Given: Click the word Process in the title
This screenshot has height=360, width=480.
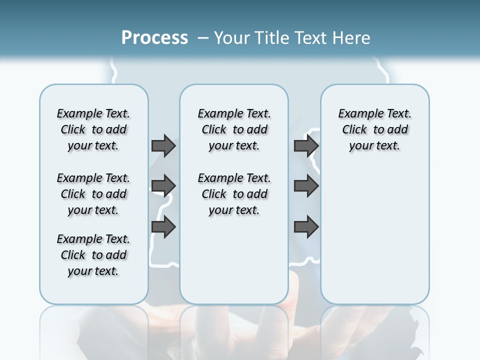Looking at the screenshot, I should (x=154, y=38).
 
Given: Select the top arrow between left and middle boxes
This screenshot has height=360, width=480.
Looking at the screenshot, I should (x=163, y=145).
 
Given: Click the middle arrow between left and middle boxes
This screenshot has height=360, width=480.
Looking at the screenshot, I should (x=163, y=186).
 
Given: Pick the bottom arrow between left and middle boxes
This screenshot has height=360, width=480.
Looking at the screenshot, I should (x=163, y=227).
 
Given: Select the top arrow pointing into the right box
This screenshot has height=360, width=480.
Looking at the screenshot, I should (x=306, y=145).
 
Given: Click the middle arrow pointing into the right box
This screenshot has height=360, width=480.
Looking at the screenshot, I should (x=306, y=186).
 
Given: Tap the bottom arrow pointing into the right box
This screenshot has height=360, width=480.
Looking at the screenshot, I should (x=306, y=227).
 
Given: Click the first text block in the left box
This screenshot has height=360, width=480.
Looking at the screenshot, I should (x=93, y=129).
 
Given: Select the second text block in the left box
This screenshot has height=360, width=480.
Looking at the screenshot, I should (x=93, y=194).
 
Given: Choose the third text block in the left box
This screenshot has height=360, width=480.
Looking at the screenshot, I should (x=93, y=255).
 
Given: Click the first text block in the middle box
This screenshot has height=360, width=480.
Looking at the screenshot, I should (x=234, y=129).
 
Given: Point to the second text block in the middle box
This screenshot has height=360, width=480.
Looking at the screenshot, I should (x=234, y=194).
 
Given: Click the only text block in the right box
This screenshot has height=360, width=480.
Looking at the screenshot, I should (x=374, y=129).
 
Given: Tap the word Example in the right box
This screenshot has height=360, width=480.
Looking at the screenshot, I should (x=357, y=114).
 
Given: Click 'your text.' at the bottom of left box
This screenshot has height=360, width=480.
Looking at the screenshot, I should (x=93, y=271).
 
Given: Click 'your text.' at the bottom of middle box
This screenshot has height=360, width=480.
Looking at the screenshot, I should (x=234, y=210).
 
